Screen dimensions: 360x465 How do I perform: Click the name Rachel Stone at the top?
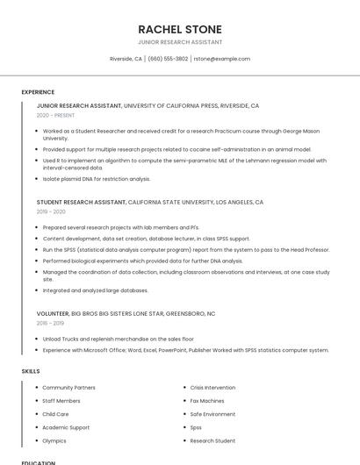point(180,29)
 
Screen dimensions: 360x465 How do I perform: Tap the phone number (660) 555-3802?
point(168,59)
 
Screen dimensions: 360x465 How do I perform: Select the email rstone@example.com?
point(222,59)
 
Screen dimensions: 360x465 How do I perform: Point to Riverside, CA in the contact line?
point(126,59)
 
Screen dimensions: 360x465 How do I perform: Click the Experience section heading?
point(38,92)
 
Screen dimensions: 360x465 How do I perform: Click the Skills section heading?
point(31,371)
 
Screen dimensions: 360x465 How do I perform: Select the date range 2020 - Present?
point(55,115)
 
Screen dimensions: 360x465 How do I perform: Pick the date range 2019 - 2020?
point(51,211)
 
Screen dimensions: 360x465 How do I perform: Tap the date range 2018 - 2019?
point(50,323)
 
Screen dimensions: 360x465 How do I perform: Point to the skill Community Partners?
point(68,387)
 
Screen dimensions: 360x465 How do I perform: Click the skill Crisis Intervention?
point(212,387)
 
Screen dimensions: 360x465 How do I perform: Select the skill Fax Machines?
point(207,401)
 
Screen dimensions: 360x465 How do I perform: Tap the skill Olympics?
point(54,440)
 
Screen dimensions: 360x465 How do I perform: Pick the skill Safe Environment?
point(212,414)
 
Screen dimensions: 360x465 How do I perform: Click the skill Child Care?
point(55,414)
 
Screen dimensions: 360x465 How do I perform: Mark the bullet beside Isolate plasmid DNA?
point(37,179)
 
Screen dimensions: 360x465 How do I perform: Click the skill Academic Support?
point(66,427)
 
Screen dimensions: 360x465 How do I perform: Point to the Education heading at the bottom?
point(38,462)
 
